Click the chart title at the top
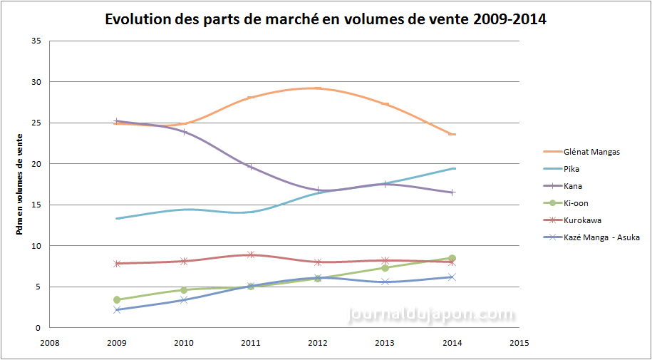(326, 20)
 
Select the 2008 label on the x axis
(49, 343)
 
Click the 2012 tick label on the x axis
(318, 343)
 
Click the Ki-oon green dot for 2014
(452, 258)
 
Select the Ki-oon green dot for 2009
(117, 300)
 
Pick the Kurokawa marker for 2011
(251, 254)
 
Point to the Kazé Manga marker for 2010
(184, 299)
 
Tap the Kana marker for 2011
(251, 167)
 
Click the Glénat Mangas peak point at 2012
(318, 88)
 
